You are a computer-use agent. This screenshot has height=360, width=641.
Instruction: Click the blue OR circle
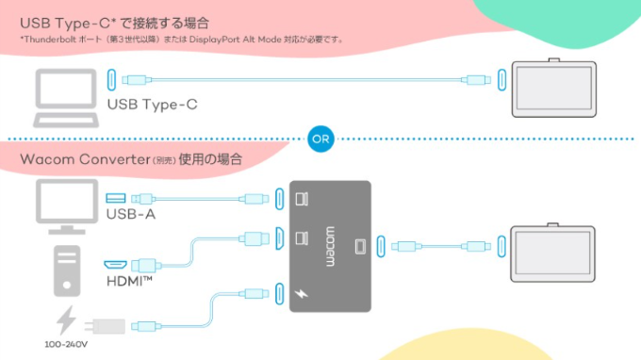pyautogui.click(x=320, y=139)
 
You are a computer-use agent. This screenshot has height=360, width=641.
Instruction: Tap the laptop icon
pyautogui.click(x=66, y=98)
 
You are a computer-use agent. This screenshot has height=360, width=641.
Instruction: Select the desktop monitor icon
pyautogui.click(x=67, y=206)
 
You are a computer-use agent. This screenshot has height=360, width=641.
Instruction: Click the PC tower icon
pyautogui.click(x=67, y=270)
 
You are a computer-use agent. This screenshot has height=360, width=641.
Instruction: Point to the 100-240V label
pyautogui.click(x=66, y=345)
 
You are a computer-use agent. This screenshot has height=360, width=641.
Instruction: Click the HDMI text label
pyautogui.click(x=129, y=281)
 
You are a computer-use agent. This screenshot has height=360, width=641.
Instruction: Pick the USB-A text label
pyautogui.click(x=131, y=214)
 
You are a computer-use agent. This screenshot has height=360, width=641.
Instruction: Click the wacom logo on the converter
pyautogui.click(x=330, y=247)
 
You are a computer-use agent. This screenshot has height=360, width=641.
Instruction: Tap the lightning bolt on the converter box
pyautogui.click(x=302, y=293)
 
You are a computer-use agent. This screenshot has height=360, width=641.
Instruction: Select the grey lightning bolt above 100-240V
pyautogui.click(x=66, y=320)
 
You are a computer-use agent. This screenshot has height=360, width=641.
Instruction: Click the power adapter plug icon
pyautogui.click(x=105, y=326)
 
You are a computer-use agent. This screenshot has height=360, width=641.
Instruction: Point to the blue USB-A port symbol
pyautogui.click(x=116, y=198)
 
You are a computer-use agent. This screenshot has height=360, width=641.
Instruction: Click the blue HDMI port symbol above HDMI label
pyautogui.click(x=115, y=265)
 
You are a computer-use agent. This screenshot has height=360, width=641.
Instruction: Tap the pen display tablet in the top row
pyautogui.click(x=554, y=88)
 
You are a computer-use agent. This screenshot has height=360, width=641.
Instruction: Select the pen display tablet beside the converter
pyautogui.click(x=552, y=253)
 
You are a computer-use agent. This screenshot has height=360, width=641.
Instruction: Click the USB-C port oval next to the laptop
pyautogui.click(x=111, y=80)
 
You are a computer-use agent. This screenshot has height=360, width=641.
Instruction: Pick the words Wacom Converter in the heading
pyautogui.click(x=86, y=159)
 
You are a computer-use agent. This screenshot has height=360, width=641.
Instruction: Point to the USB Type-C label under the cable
pyautogui.click(x=152, y=105)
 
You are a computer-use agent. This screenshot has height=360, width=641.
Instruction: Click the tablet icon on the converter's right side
pyautogui.click(x=360, y=246)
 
